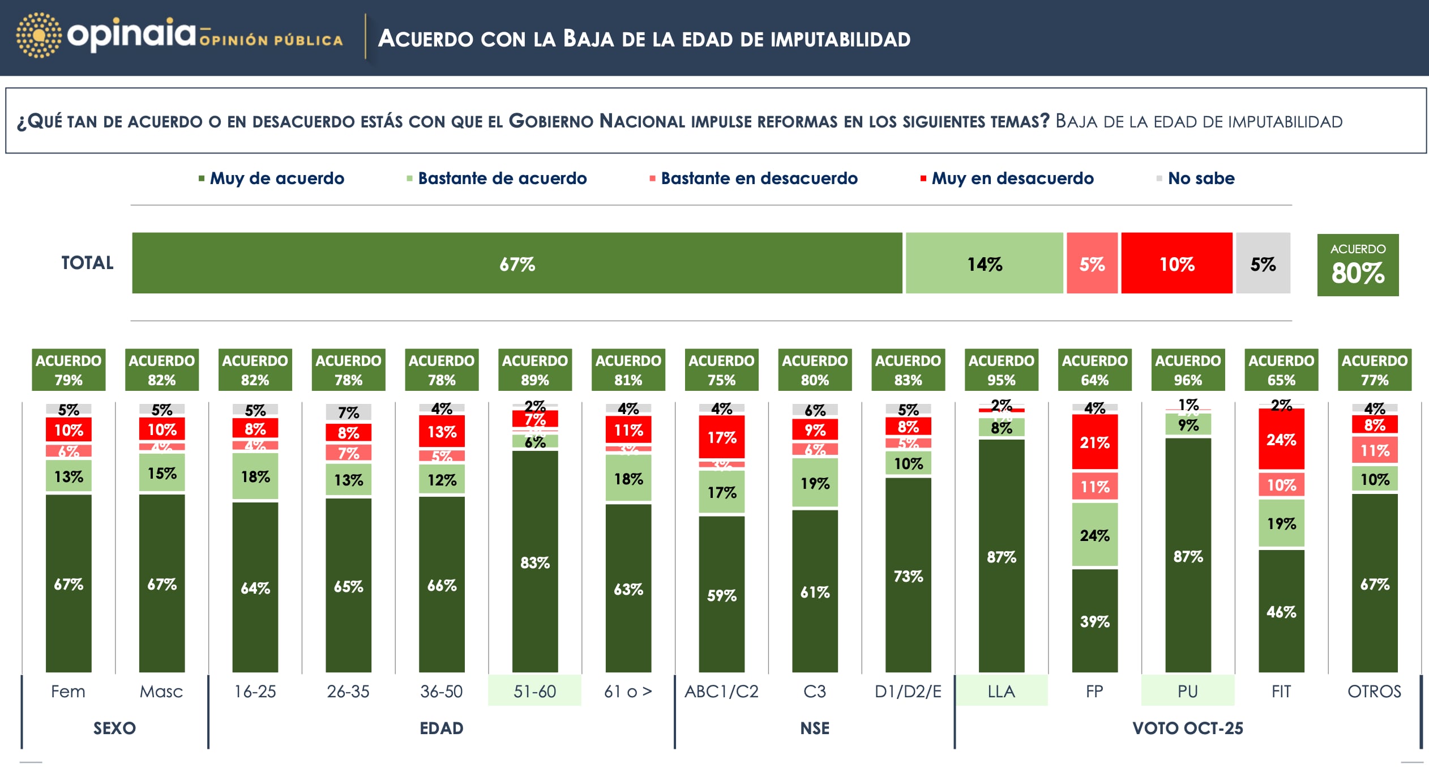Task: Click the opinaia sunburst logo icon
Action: pyautogui.click(x=38, y=35)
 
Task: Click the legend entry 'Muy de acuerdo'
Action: pyautogui.click(x=276, y=178)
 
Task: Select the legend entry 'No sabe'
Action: pyautogui.click(x=1200, y=178)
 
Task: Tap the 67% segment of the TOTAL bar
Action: pyautogui.click(x=516, y=263)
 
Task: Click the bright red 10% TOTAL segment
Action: pyautogui.click(x=1176, y=263)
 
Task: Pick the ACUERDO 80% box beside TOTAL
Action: pyautogui.click(x=1358, y=265)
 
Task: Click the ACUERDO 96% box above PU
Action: pyautogui.click(x=1188, y=370)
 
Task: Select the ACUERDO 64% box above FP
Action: pyautogui.click(x=1094, y=370)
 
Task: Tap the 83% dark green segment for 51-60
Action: pyautogui.click(x=535, y=562)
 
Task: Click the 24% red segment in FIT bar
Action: pyautogui.click(x=1281, y=439)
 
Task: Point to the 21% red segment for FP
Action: pyautogui.click(x=1094, y=442)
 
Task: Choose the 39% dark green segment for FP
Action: pyautogui.click(x=1094, y=621)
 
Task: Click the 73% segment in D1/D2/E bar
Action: pyautogui.click(x=908, y=576)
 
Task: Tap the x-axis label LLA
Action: pyautogui.click(x=1001, y=691)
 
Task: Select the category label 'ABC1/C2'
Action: pyautogui.click(x=721, y=691)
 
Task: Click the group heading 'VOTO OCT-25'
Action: pyautogui.click(x=1187, y=728)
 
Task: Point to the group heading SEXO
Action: pyautogui.click(x=114, y=728)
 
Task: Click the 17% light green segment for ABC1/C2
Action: pyautogui.click(x=721, y=492)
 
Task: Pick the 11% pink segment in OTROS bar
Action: pyautogui.click(x=1375, y=450)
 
